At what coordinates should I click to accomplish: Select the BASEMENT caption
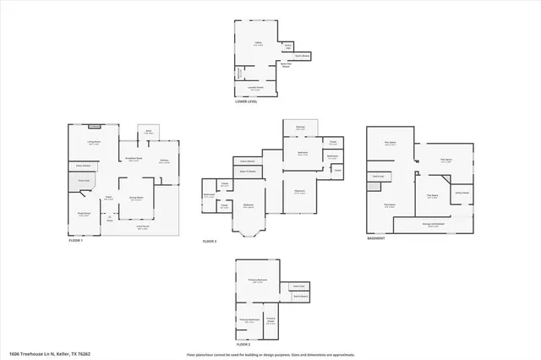[376, 238]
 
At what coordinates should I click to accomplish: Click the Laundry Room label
[254, 87]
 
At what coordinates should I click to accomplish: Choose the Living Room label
[94, 143]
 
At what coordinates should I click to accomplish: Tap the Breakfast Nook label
[134, 159]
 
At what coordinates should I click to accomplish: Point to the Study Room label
[84, 214]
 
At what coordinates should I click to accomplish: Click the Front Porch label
[144, 226]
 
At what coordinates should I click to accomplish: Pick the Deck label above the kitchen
[148, 131]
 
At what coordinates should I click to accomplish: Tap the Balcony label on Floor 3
[299, 127]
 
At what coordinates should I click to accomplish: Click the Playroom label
[298, 192]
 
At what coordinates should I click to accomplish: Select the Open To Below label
[248, 171]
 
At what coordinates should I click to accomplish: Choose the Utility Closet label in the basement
[462, 192]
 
